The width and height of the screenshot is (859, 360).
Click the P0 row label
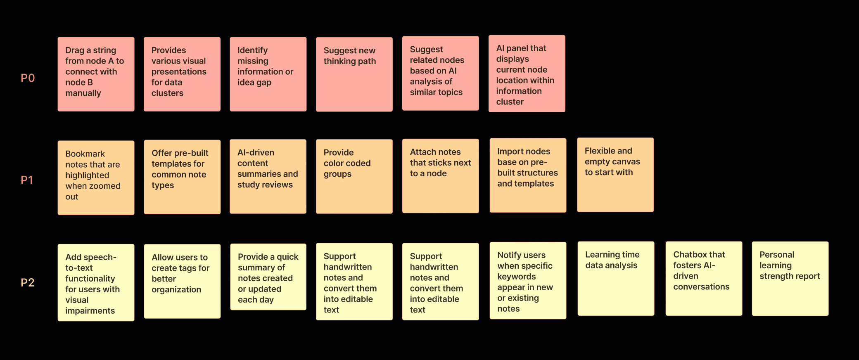(28, 78)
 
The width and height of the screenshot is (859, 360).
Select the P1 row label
(27, 180)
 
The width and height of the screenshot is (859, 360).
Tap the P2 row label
(28, 282)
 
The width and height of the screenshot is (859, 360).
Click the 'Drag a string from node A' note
(96, 74)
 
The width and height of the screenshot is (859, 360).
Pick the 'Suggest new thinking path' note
(354, 74)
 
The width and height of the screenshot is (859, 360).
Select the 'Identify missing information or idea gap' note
(268, 74)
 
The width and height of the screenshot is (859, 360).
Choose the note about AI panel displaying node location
(527, 74)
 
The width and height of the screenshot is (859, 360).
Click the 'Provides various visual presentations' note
(182, 74)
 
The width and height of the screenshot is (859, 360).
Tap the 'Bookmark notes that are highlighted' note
(96, 178)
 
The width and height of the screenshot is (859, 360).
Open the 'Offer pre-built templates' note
(182, 177)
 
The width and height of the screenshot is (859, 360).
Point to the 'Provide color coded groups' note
(354, 176)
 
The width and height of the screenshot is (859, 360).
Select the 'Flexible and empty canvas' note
(615, 175)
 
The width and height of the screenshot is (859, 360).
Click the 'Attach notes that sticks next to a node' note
(440, 176)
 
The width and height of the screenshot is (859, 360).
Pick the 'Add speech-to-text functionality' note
(96, 282)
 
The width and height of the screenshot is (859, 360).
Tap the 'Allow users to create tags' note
(182, 281)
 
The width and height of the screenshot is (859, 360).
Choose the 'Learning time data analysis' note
(616, 279)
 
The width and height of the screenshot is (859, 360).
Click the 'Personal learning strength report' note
(790, 279)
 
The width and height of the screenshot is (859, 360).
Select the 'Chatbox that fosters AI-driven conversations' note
(704, 279)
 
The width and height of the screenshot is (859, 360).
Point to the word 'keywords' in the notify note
(516, 277)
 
